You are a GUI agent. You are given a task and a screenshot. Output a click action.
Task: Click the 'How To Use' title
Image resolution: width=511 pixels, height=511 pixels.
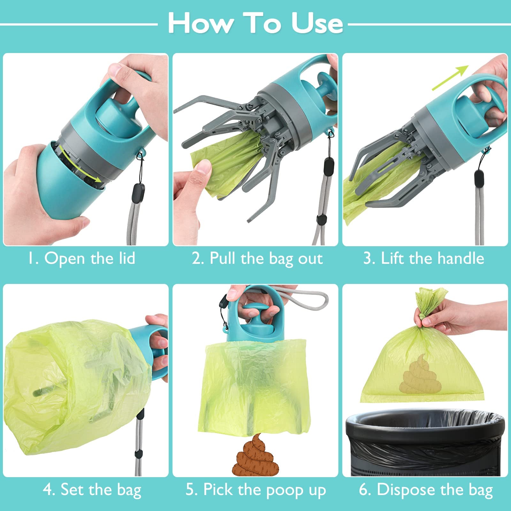point(256,23)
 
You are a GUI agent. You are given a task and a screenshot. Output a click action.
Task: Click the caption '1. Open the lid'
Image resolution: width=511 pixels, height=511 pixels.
point(82,258)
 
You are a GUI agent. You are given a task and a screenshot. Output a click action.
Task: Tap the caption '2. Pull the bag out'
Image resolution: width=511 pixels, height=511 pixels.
point(257,258)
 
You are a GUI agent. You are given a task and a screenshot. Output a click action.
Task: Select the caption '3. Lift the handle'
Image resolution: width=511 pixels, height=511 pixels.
point(424,258)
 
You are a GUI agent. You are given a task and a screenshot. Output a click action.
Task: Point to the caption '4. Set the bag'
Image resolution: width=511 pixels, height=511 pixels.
point(92,489)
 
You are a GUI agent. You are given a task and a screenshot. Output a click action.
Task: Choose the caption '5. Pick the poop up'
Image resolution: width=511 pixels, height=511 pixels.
point(256,489)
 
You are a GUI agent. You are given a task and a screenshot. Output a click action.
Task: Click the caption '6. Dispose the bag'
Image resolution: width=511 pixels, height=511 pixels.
point(426,489)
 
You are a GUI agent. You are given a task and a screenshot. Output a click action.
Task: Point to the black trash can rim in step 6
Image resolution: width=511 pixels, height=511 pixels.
point(425,420)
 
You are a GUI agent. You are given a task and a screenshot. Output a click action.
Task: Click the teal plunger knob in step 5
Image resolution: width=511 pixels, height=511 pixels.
point(256,319)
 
